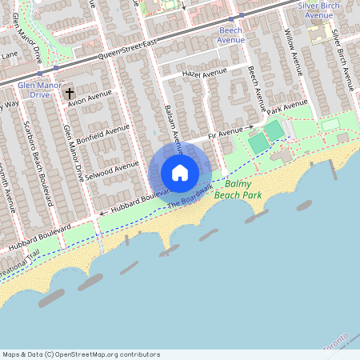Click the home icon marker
click(x=180, y=173)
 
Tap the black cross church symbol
click(x=70, y=94)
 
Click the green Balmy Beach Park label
click(x=244, y=190)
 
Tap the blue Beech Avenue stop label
click(x=231, y=34)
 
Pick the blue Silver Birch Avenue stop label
click(x=326, y=10)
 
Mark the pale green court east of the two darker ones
click(x=330, y=125)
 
